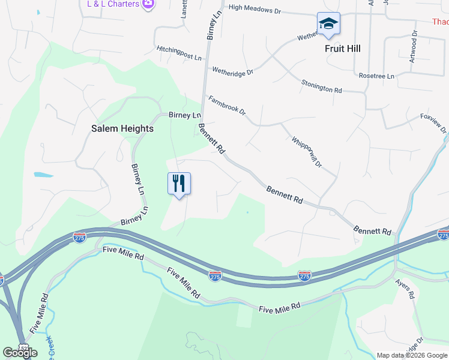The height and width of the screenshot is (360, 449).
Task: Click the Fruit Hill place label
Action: tap(343, 49)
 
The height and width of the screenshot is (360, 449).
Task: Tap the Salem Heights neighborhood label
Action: tap(122, 128)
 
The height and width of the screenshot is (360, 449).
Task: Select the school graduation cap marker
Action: tap(328, 24)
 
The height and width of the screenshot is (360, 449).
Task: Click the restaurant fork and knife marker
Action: tap(179, 182)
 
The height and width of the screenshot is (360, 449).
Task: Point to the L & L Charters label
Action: tap(113, 4)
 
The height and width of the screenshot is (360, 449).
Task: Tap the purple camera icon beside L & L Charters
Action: tap(148, 4)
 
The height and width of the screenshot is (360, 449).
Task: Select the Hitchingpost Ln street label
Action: tap(179, 53)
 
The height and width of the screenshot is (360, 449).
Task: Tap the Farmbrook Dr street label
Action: tap(227, 104)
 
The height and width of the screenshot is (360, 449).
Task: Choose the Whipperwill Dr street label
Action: tap(307, 152)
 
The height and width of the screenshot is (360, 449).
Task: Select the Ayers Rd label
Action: tap(405, 288)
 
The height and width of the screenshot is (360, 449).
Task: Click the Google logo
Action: tap(20, 353)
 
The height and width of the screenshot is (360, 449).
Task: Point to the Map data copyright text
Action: tap(412, 355)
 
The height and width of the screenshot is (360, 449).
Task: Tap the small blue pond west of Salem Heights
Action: tap(43, 175)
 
